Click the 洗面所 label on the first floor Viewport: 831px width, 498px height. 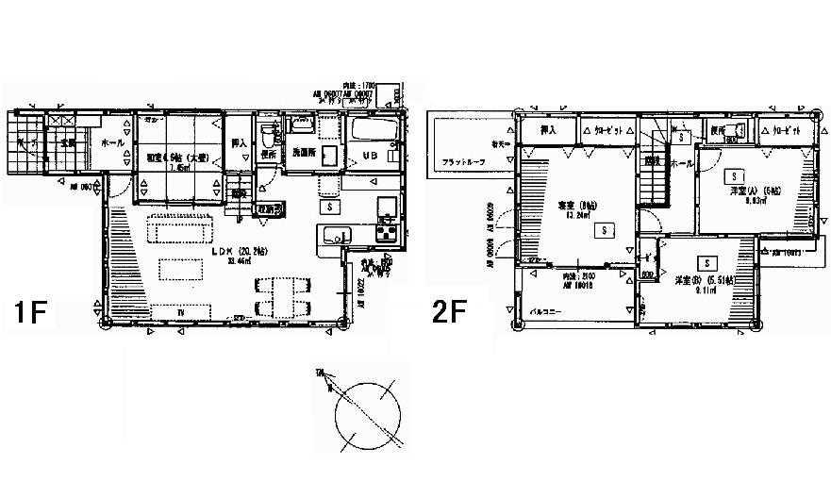(302, 153)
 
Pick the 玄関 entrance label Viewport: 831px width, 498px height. (67, 142)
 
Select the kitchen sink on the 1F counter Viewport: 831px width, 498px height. (335, 237)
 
